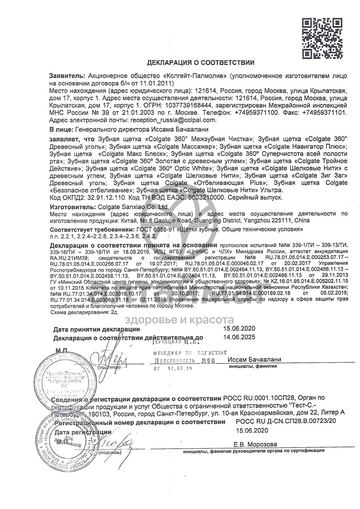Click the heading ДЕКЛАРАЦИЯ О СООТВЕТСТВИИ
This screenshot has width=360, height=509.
click(200, 63)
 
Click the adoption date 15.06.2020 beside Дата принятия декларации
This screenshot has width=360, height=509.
click(239, 329)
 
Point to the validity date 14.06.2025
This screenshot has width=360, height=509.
click(239, 337)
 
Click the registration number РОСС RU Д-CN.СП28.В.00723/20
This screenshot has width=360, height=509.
click(286, 421)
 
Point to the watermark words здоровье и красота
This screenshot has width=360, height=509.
click(180, 319)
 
